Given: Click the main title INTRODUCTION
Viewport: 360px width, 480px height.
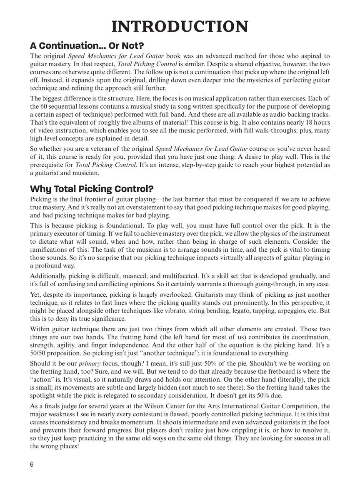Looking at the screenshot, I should (180, 26).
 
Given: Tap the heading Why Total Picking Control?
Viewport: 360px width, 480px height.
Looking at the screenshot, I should (92, 189).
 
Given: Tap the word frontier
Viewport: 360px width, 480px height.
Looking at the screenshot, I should (100, 199).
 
